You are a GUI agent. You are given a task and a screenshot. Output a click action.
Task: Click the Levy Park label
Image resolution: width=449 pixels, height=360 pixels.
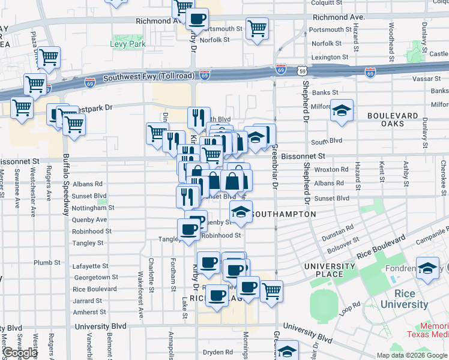[124, 44]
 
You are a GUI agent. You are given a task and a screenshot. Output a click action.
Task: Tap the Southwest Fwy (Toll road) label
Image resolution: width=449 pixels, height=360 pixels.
[148, 77]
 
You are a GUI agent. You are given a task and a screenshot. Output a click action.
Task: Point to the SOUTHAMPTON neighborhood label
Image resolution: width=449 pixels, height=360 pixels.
[284, 214]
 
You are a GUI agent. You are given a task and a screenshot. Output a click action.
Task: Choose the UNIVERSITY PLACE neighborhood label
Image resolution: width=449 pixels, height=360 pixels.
[330, 270]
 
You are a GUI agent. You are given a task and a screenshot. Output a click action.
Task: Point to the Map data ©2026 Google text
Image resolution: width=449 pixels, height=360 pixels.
[412, 355]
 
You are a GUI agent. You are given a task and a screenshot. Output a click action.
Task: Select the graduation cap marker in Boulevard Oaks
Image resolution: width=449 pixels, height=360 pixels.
[342, 111]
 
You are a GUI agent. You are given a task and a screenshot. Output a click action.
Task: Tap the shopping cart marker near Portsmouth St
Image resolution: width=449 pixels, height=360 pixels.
[257, 28]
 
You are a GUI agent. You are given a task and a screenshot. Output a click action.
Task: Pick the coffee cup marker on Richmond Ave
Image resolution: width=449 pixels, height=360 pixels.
[196, 18]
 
